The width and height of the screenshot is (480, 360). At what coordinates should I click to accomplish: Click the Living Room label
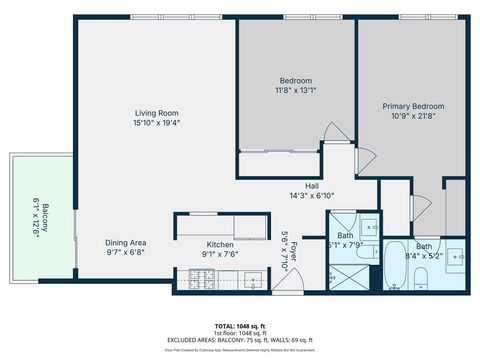click(157, 113)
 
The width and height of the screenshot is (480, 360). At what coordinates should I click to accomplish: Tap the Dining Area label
click(127, 242)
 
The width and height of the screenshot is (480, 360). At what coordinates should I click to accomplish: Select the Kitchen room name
click(220, 245)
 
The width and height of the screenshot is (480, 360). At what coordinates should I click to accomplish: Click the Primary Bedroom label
click(413, 106)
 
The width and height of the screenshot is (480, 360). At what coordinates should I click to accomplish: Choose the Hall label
click(311, 186)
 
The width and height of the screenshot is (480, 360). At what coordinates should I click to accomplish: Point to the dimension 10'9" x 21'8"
click(413, 116)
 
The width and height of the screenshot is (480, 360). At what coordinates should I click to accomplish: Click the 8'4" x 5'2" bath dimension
click(424, 255)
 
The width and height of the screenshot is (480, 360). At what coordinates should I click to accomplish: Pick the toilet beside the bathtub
click(423, 279)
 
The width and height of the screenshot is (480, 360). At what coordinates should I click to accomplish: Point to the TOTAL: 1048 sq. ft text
click(240, 326)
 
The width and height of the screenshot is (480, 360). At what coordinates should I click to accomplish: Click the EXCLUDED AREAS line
click(240, 340)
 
